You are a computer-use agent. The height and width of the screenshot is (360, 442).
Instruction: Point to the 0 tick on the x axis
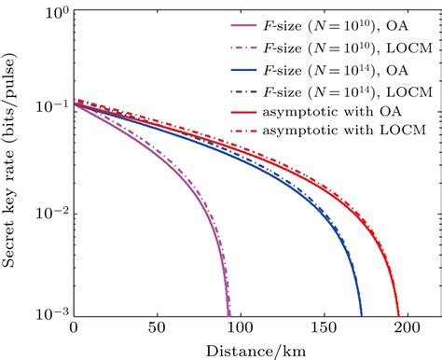coord(74,328)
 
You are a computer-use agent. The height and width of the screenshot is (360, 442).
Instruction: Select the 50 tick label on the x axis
coord(156,328)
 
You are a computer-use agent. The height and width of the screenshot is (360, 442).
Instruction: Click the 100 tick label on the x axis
coord(239,328)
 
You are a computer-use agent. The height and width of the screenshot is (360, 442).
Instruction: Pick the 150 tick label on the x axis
coord(322,328)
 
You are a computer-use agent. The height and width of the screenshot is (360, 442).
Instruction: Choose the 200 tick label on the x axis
coord(405,328)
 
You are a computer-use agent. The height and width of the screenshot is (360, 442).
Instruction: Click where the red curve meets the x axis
coord(398,316)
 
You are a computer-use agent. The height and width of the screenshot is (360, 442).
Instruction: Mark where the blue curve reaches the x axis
coord(361,316)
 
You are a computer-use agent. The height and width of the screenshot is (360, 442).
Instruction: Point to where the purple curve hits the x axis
coord(228,316)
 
